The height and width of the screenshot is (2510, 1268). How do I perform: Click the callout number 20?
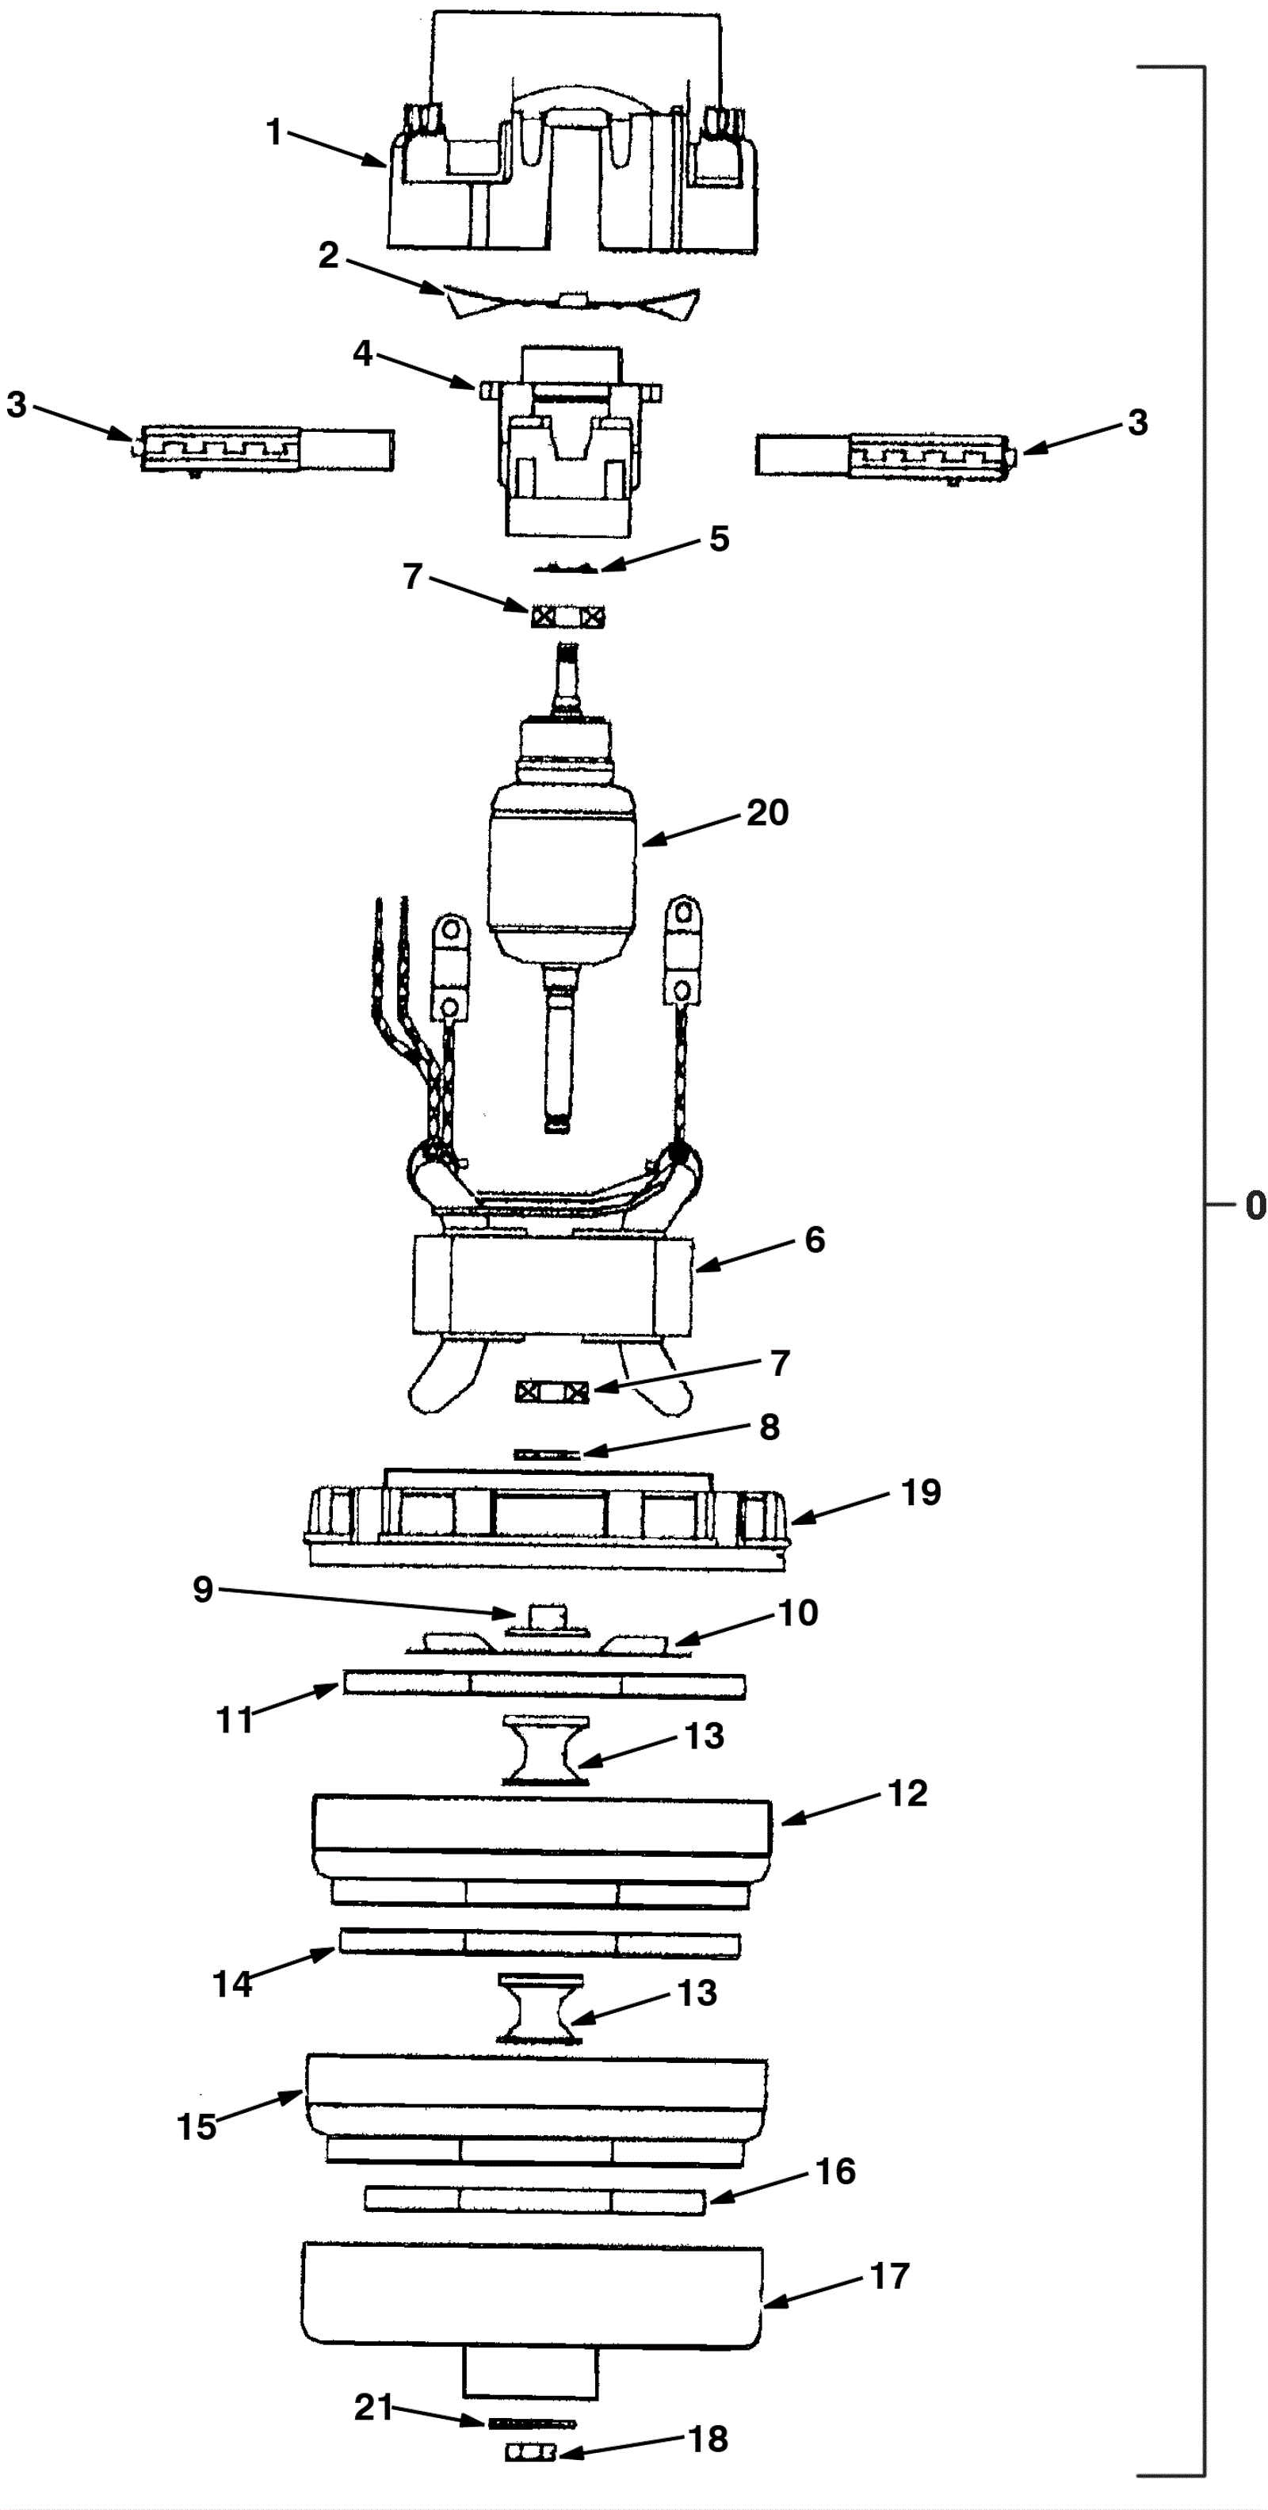(x=767, y=812)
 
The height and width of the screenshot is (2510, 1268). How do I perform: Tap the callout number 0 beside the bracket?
(x=1255, y=1206)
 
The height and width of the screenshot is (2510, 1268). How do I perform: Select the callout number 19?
(x=921, y=1492)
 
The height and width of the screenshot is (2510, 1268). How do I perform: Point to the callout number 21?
(x=373, y=2407)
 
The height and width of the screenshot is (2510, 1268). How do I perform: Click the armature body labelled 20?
(x=561, y=858)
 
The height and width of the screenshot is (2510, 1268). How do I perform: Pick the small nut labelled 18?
(x=530, y=2451)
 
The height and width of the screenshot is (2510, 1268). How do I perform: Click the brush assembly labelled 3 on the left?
(x=267, y=449)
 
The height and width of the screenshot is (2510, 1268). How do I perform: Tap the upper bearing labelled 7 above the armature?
(x=567, y=617)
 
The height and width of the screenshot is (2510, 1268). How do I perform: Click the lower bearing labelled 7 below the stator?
(x=552, y=1392)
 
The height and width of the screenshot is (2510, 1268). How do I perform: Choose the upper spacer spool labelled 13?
(x=546, y=1750)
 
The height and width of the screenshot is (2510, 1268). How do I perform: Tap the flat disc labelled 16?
(x=534, y=2199)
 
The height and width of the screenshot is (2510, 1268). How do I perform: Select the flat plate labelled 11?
(x=544, y=1686)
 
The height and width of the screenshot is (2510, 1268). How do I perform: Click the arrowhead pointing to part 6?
(x=699, y=1267)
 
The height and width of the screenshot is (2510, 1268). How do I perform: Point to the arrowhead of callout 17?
(x=767, y=2306)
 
